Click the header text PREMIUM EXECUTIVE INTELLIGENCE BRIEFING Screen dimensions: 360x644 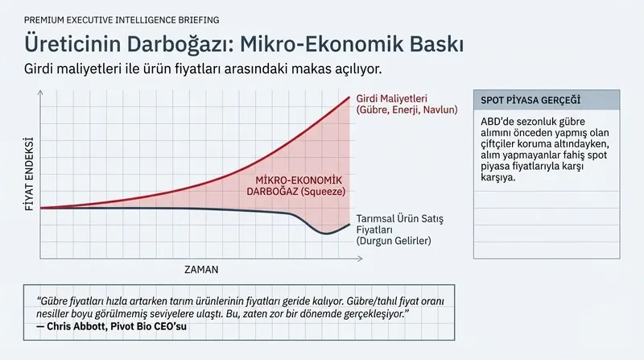point(122,19)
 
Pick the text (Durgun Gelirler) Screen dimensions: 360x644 point(394,241)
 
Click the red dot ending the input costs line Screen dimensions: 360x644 point(349,98)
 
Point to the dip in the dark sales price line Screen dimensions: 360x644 point(325,234)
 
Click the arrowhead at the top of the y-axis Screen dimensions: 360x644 point(40,93)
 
